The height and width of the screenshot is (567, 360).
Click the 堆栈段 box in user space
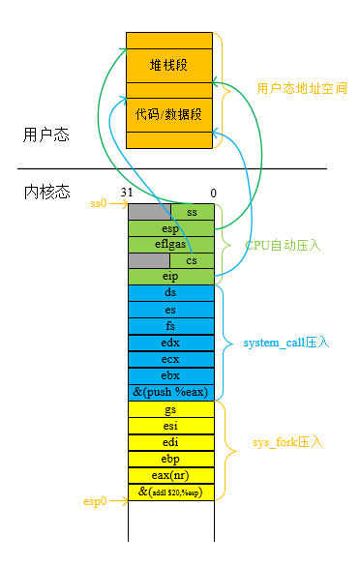[x=169, y=65]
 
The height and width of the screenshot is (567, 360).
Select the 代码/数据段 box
[x=169, y=114]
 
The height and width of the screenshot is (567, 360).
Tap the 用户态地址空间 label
[x=302, y=88]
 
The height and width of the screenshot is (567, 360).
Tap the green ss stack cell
[x=192, y=211]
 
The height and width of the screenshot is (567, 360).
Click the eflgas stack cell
[x=170, y=244]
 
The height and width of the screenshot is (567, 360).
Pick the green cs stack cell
[x=192, y=260]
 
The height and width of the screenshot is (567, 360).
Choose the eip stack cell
[x=170, y=277]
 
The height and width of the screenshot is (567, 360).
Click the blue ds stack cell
[x=170, y=292]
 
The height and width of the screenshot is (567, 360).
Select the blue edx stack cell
[x=170, y=343]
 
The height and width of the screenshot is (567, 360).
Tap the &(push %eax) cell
[x=170, y=392]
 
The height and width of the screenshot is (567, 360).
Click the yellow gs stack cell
[x=170, y=409]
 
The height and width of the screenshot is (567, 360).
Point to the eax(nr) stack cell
[x=170, y=475]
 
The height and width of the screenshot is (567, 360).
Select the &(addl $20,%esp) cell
[x=170, y=492]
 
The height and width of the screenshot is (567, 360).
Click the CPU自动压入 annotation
[x=283, y=246]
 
